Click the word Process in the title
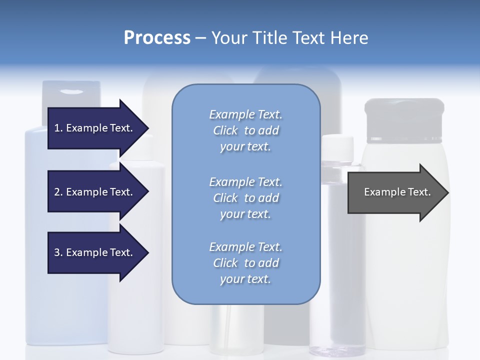pos(157,37)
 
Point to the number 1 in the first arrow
pos(57,128)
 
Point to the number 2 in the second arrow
pos(57,192)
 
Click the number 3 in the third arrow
pos(57,252)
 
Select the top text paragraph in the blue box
pos(245,130)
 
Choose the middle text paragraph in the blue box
pos(245,197)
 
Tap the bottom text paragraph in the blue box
pos(245,263)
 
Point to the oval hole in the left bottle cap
pos(71,91)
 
